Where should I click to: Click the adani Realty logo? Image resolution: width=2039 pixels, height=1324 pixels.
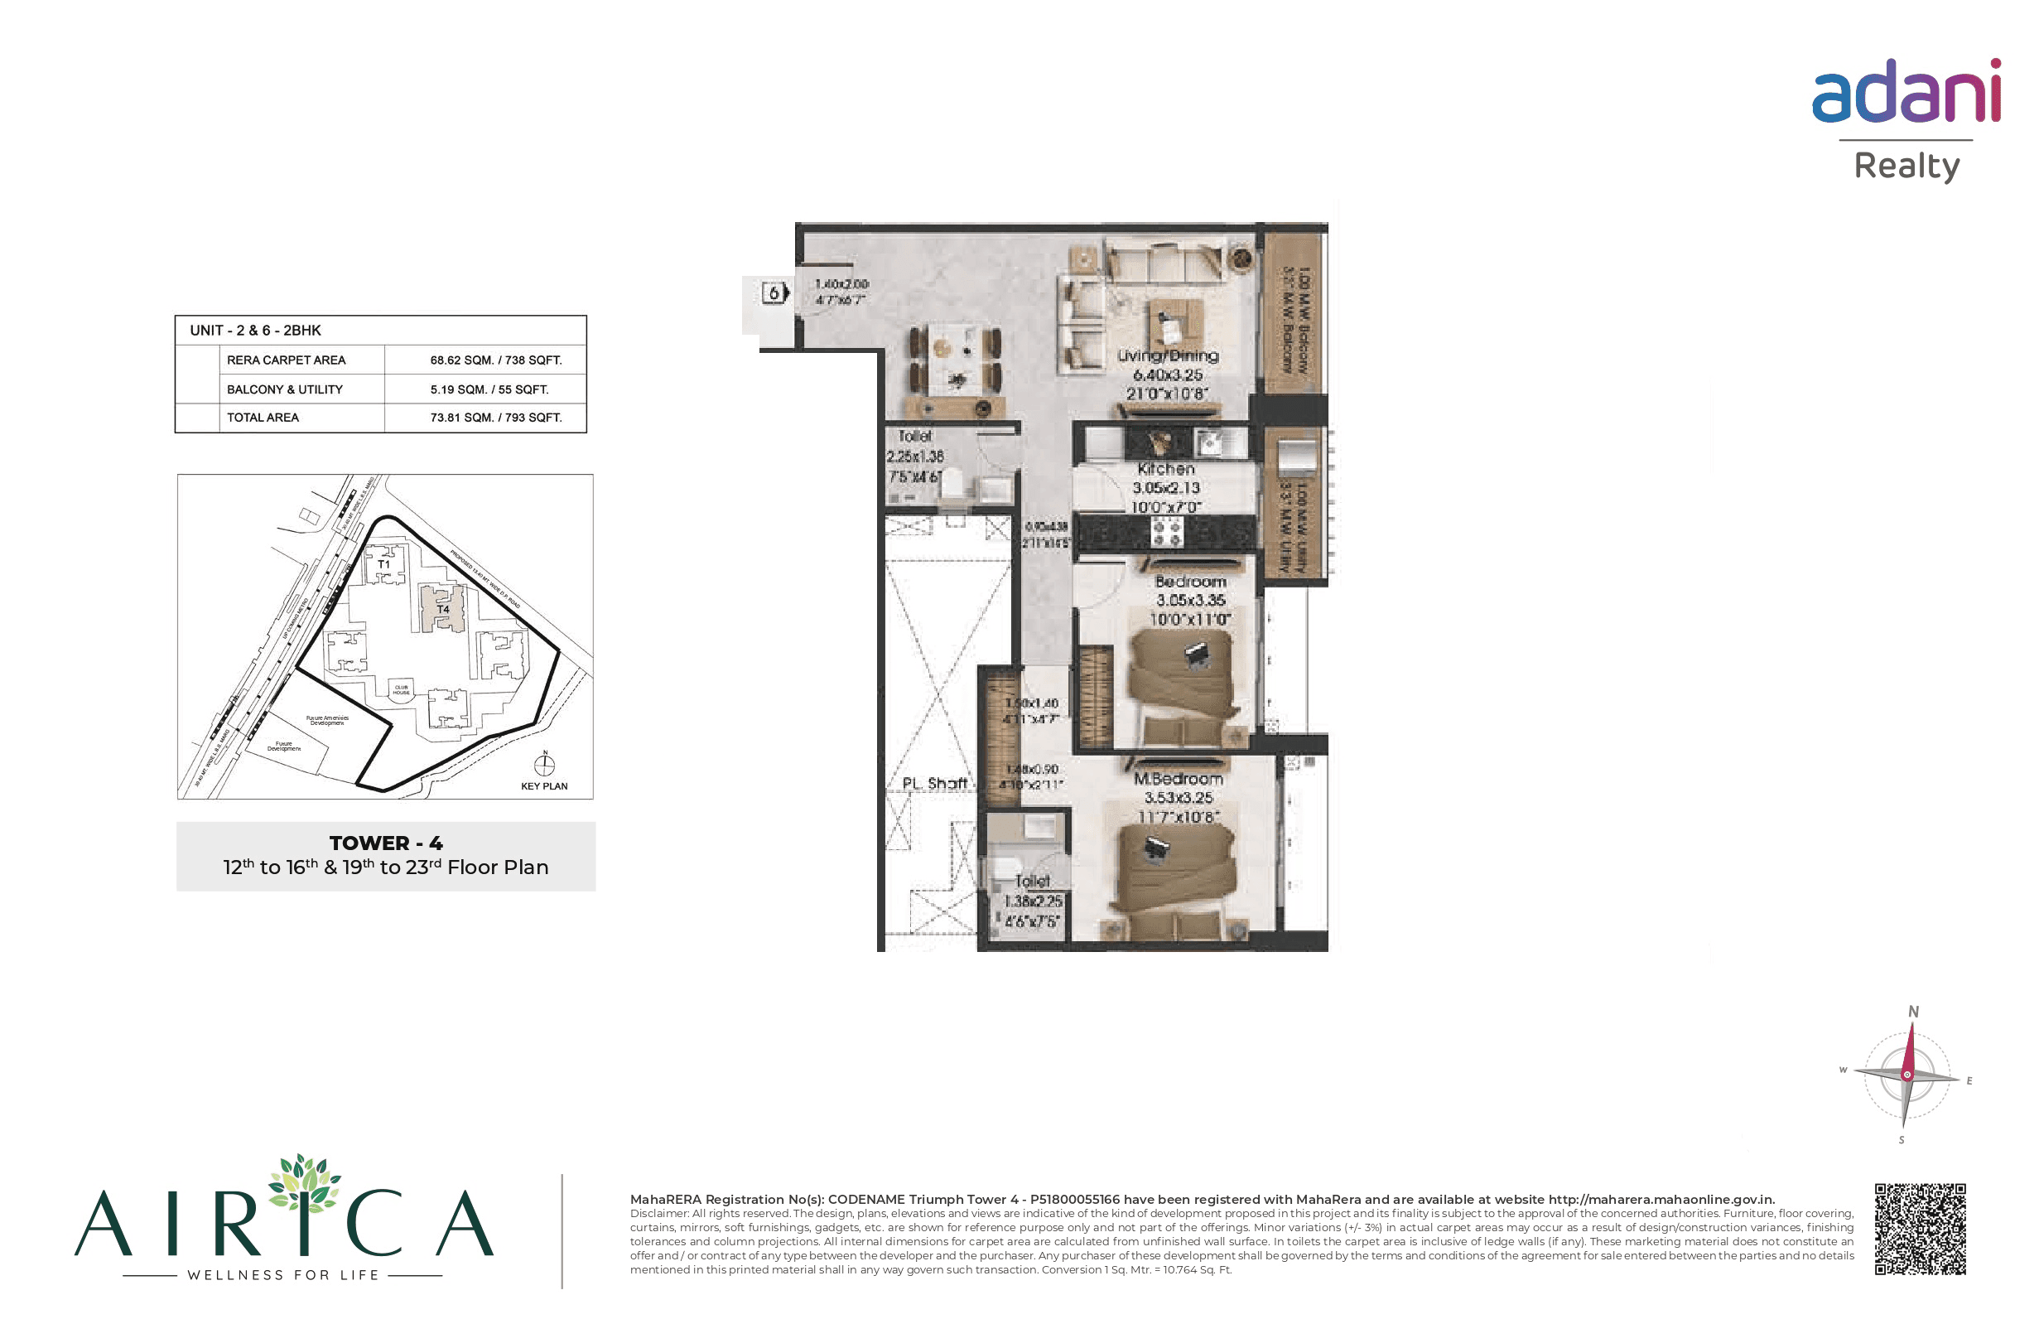(1906, 120)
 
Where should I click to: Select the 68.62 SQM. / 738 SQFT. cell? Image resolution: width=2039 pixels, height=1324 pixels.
(495, 360)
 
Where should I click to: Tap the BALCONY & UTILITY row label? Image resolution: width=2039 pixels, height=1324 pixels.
(284, 389)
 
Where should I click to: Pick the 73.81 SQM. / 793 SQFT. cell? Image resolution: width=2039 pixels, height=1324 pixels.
(495, 418)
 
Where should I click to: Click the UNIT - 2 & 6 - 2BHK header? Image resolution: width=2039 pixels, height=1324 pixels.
(255, 330)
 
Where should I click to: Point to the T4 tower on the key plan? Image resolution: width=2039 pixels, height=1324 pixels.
(442, 607)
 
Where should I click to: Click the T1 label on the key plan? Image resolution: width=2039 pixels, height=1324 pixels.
(383, 564)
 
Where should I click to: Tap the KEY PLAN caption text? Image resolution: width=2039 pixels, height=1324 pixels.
(544, 785)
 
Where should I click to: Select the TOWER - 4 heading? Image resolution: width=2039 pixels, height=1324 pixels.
(386, 843)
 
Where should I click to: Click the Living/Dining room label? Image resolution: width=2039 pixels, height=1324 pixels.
(1168, 355)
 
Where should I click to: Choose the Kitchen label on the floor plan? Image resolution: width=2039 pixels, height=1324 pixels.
(1166, 469)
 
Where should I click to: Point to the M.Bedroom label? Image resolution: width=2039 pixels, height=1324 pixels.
(1178, 779)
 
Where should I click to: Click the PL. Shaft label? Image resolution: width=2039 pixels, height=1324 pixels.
(934, 783)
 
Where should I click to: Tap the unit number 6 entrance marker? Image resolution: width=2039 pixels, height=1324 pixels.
(774, 293)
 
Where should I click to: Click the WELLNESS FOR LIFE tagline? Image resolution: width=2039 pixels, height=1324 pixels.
(282, 1275)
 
